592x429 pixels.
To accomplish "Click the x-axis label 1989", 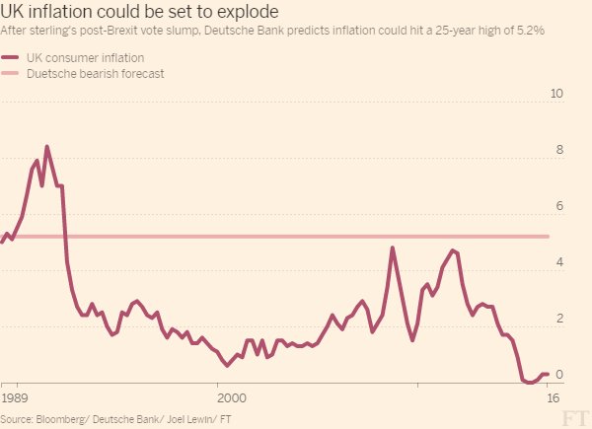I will pos(14,397).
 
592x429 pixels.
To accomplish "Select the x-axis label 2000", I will pos(230,397).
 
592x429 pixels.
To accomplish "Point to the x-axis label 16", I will pos(553,397).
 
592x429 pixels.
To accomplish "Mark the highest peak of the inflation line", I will pos(46,147).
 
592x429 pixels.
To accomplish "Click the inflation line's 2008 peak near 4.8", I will pos(393,248).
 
